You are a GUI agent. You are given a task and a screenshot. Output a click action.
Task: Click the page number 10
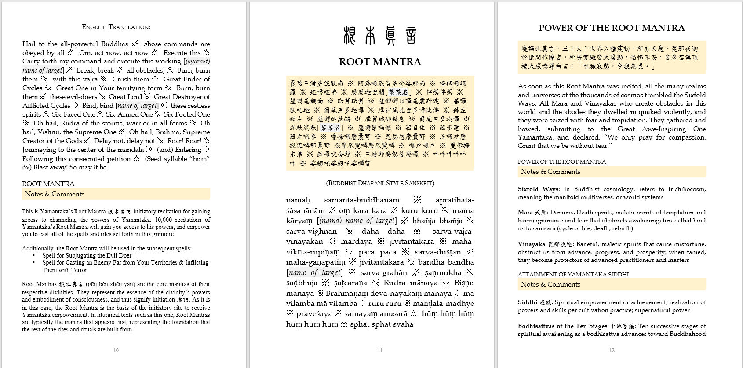pyautogui.click(x=116, y=350)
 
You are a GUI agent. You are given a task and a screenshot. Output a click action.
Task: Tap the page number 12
pyautogui.click(x=612, y=350)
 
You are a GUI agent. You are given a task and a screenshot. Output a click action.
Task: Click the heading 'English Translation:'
pyautogui.click(x=116, y=27)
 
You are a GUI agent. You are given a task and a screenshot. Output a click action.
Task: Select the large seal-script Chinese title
pyautogui.click(x=380, y=36)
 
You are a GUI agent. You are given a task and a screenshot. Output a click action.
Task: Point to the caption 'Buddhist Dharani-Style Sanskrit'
pyautogui.click(x=380, y=183)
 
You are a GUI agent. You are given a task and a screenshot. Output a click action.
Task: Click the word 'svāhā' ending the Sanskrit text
pyautogui.click(x=403, y=324)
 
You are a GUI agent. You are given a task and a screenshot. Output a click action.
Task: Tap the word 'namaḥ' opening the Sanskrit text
pyautogui.click(x=298, y=200)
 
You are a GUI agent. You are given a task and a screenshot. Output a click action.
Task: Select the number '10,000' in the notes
pyautogui.click(x=164, y=220)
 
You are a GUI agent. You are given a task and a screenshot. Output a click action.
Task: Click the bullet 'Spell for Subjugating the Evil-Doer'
pyautogui.click(x=87, y=255)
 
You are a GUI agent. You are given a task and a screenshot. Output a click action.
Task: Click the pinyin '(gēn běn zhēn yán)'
pyautogui.click(x=110, y=284)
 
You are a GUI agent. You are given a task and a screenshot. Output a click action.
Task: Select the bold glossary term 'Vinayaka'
pyautogui.click(x=531, y=244)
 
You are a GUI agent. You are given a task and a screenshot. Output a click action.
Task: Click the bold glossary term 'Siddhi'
pyautogui.click(x=527, y=302)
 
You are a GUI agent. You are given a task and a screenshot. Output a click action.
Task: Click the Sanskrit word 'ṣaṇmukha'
pyautogui.click(x=443, y=273)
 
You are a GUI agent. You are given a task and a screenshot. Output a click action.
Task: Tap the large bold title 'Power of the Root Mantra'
pyautogui.click(x=612, y=28)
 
